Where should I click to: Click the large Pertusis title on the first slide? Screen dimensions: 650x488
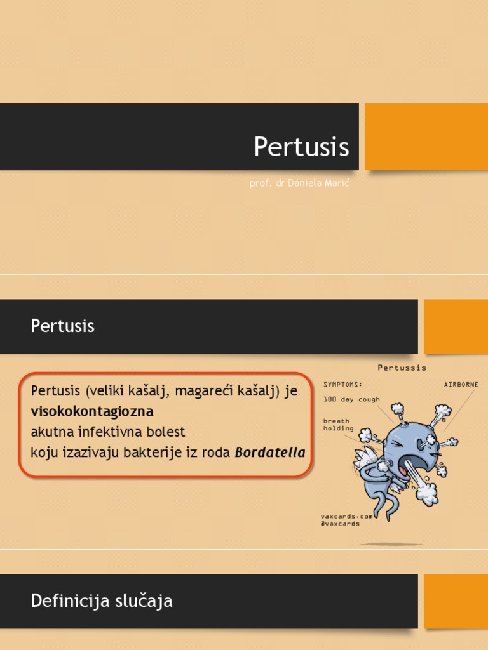pyautogui.click(x=301, y=147)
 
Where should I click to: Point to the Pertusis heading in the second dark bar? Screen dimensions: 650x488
pyautogui.click(x=62, y=326)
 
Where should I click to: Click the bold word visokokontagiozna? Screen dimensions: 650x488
pyautogui.click(x=92, y=411)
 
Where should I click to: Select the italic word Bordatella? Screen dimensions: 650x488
pyautogui.click(x=270, y=453)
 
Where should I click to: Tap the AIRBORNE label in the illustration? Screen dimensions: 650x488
pyautogui.click(x=461, y=385)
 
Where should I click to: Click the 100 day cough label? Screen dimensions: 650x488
pyautogui.click(x=351, y=399)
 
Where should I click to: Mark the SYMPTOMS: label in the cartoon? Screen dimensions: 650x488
pyautogui.click(x=343, y=385)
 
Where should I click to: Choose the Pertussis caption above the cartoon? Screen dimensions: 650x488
pyautogui.click(x=402, y=367)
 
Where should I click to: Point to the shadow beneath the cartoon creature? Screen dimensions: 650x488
pyautogui.click(x=391, y=544)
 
